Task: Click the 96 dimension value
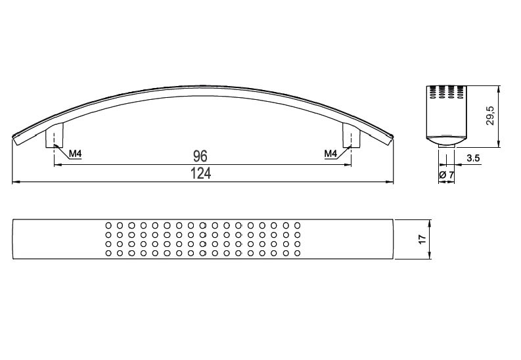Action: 200,156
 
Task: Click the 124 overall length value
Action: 200,173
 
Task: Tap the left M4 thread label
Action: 76,154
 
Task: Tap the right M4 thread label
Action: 330,154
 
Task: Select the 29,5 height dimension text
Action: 490,116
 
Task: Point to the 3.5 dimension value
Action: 473,158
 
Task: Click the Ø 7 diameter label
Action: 446,175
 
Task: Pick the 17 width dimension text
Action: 422,239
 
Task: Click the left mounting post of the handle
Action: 54,136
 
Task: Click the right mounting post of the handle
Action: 351,136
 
